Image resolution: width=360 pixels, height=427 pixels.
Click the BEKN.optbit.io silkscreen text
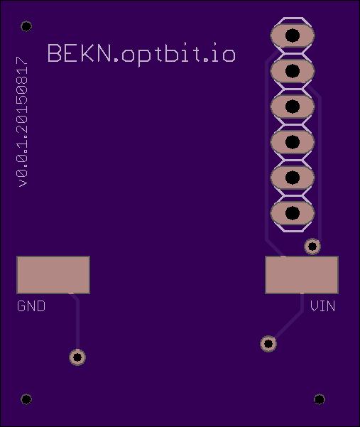(x=141, y=55)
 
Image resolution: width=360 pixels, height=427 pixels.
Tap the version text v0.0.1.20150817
(x=22, y=122)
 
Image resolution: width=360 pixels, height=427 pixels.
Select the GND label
(x=31, y=306)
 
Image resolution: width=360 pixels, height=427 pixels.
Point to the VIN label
(x=322, y=306)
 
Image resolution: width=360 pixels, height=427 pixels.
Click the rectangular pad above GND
(x=53, y=275)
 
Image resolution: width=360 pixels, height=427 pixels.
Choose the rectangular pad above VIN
(x=302, y=275)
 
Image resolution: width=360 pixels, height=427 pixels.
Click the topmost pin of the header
(x=293, y=36)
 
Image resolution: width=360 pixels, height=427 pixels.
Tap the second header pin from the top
(x=293, y=71)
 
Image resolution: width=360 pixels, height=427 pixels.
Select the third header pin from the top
(x=293, y=107)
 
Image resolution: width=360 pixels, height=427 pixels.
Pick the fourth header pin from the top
(x=293, y=142)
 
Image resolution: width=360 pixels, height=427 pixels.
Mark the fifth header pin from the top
(x=293, y=178)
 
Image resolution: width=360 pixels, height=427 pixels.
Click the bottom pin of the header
(x=293, y=213)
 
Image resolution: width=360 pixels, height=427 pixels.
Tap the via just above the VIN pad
(x=312, y=247)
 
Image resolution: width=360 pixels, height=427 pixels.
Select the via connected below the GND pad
(x=77, y=357)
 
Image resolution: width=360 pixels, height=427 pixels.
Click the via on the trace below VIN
(x=268, y=344)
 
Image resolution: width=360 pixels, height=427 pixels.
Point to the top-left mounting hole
(x=26, y=26)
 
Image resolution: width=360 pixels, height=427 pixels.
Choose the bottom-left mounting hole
(x=26, y=399)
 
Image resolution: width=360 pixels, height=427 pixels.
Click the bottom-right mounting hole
(x=320, y=399)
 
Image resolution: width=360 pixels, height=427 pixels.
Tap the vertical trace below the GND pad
(x=77, y=324)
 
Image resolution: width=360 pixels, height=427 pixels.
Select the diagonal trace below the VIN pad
(x=288, y=325)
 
